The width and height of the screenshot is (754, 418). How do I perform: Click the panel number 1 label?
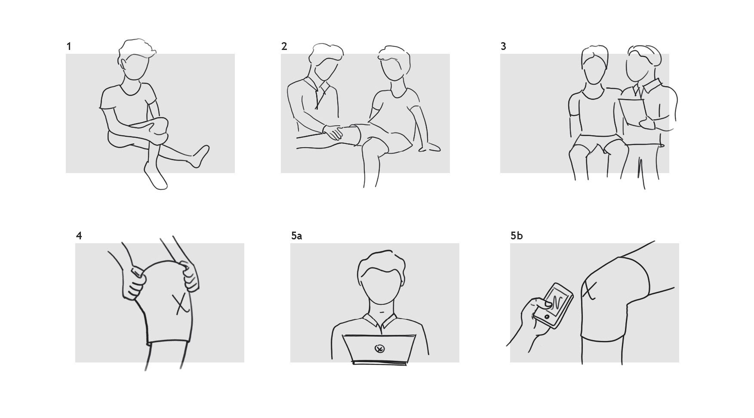click(69, 46)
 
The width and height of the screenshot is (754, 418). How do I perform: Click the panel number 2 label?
click(284, 46)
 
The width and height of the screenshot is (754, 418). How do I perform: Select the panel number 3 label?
click(503, 46)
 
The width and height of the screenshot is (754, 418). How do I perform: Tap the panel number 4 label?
click(79, 236)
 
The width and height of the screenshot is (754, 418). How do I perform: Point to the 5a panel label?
click(296, 236)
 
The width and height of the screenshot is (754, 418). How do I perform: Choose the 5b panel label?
click(517, 236)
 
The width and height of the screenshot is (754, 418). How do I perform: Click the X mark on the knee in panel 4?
click(182, 303)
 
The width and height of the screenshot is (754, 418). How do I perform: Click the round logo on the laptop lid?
click(379, 349)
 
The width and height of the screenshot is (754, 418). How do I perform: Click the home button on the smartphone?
click(547, 316)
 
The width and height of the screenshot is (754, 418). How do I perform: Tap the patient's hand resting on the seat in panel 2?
click(430, 147)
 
